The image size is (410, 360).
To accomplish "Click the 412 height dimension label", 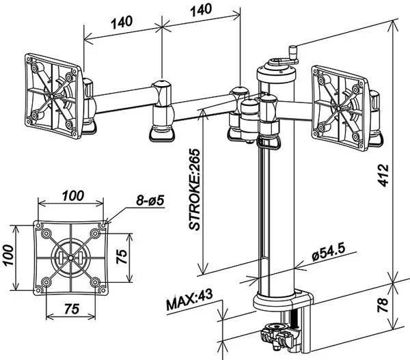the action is pyautogui.click(x=383, y=175).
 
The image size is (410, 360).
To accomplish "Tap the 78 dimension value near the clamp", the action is pyautogui.click(x=383, y=305).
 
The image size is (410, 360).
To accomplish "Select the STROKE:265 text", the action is pyautogui.click(x=194, y=189).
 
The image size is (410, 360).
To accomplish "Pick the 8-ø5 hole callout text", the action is pyautogui.click(x=150, y=201).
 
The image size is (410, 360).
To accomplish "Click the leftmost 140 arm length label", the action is pyautogui.click(x=122, y=22).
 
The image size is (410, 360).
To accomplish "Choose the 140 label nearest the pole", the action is pyautogui.click(x=201, y=10).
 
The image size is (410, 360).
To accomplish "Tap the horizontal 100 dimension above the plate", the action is pyautogui.click(x=73, y=195).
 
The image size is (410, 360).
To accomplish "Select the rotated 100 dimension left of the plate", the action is pyautogui.click(x=8, y=255).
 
